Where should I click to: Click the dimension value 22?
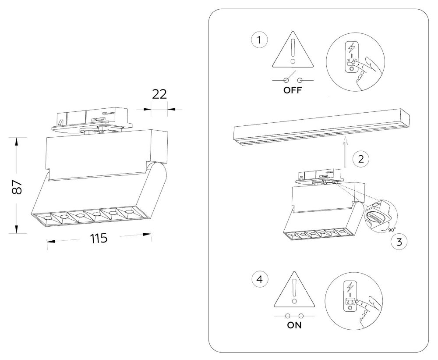[159, 94]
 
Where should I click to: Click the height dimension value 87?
[17, 187]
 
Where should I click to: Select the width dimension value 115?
[99, 239]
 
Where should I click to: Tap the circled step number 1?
[259, 40]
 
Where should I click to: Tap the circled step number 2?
[361, 159]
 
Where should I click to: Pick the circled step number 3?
[399, 242]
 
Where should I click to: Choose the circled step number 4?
[260, 279]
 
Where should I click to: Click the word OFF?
[293, 90]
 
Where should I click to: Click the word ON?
[294, 325]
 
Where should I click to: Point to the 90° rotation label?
[392, 230]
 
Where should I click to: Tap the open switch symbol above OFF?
[293, 80]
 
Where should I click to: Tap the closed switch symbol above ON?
[294, 316]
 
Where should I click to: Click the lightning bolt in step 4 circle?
[350, 287]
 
